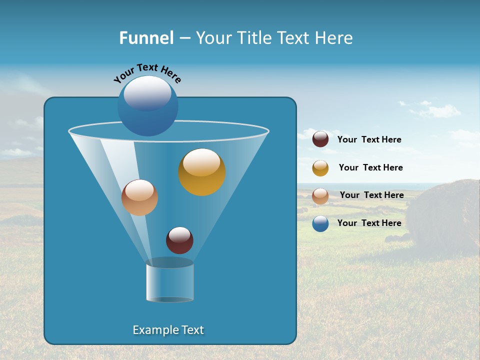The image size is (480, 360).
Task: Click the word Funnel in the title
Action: pyautogui.click(x=146, y=38)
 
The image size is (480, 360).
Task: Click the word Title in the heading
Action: pyautogui.click(x=254, y=38)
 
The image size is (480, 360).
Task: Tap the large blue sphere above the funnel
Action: pyautogui.click(x=147, y=105)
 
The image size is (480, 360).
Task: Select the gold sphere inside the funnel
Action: pyautogui.click(x=201, y=172)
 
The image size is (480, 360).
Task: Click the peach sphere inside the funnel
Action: pyautogui.click(x=139, y=197)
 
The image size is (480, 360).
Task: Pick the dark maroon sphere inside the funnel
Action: pyautogui.click(x=179, y=240)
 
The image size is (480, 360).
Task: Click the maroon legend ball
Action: pyautogui.click(x=320, y=139)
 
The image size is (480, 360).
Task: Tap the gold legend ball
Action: pyautogui.click(x=320, y=168)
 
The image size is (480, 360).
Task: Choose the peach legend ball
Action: pyautogui.click(x=320, y=196)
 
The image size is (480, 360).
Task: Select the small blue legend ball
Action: pyautogui.click(x=320, y=223)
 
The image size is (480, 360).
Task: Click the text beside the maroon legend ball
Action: pyautogui.click(x=369, y=139)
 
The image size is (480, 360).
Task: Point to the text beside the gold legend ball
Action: pyautogui.click(x=370, y=167)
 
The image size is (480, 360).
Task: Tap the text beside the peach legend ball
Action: pyautogui.click(x=371, y=195)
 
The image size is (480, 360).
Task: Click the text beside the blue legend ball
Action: pyautogui.click(x=369, y=223)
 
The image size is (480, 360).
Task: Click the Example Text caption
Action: pyautogui.click(x=168, y=330)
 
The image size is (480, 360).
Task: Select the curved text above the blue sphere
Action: pyautogui.click(x=147, y=73)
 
